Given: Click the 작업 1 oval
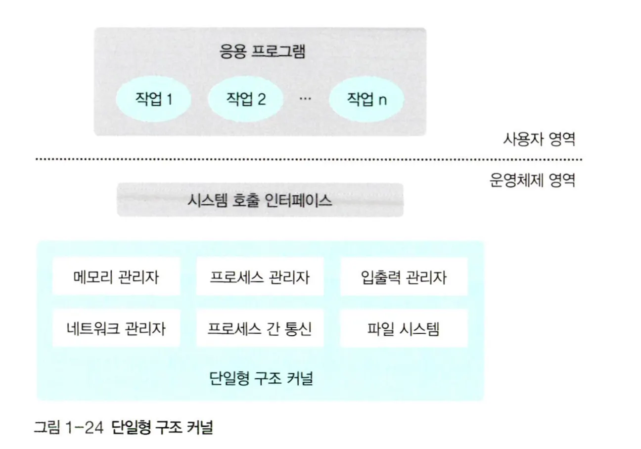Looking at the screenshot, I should (154, 99).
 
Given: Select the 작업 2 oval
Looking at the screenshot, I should (246, 99).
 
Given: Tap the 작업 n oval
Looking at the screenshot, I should (366, 99).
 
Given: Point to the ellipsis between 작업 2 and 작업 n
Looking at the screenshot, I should (305, 98).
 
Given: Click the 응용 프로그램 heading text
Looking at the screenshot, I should (262, 52).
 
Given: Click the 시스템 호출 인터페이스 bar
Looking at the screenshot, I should (260, 200).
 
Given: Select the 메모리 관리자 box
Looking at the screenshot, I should (116, 277).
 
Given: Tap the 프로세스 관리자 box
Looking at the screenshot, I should (260, 277).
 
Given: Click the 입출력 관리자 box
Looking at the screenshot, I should (404, 277).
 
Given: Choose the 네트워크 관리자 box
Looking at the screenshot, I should (116, 328).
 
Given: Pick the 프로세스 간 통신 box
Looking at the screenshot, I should (260, 328).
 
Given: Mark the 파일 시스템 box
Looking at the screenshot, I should (404, 328).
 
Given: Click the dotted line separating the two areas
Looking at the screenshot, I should (307, 160).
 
